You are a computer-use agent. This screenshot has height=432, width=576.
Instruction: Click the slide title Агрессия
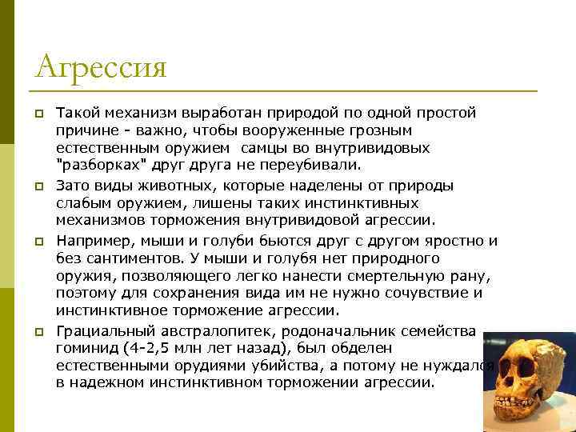[x=101, y=66]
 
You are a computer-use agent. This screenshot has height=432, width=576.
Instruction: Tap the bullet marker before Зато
[x=38, y=186]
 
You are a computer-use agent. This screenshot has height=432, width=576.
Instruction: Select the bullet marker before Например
[x=38, y=242]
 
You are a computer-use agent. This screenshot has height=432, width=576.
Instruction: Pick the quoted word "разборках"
[x=92, y=166]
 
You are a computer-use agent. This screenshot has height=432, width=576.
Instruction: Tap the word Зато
[x=74, y=186]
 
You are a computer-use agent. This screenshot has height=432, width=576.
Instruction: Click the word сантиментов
[x=129, y=258]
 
